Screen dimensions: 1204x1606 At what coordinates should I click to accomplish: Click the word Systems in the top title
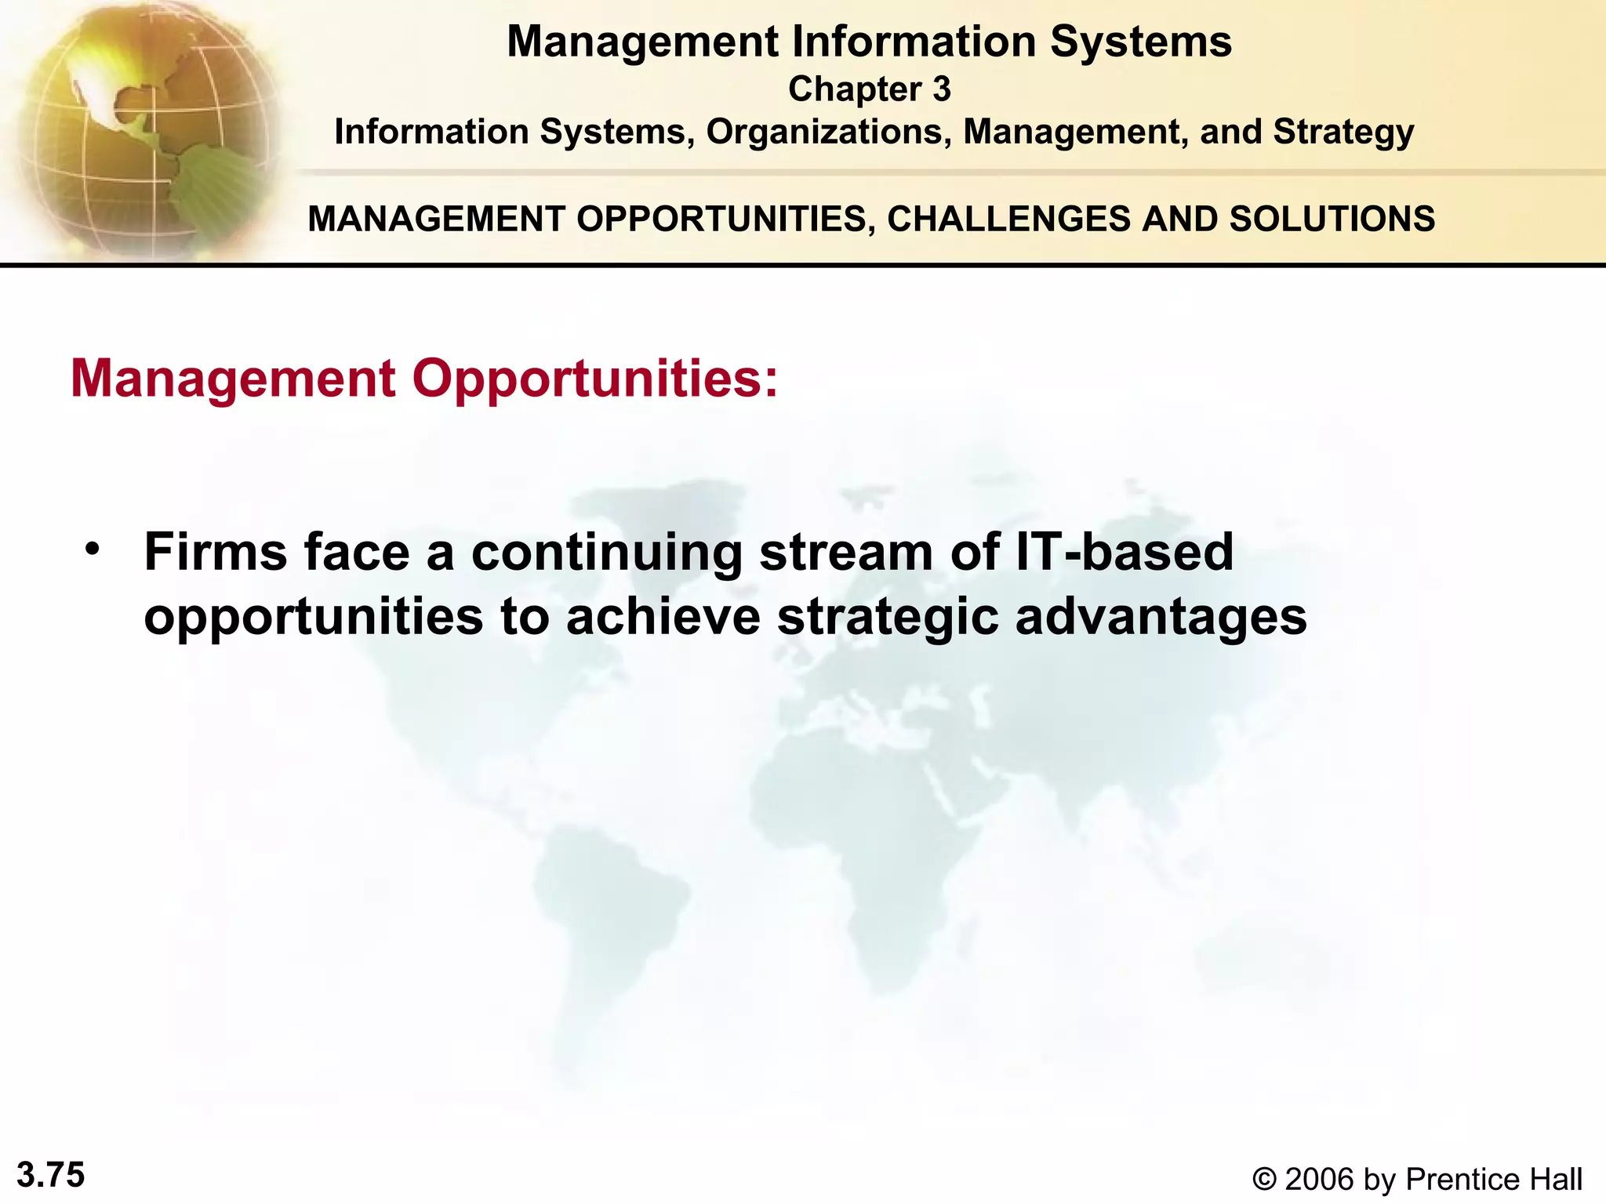pyautogui.click(x=1140, y=42)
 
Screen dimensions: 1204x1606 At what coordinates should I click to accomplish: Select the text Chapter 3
pyautogui.click(x=869, y=89)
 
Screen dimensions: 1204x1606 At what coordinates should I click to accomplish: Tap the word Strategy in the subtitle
pyautogui.click(x=1343, y=132)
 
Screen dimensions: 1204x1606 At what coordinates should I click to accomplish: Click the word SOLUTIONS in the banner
pyautogui.click(x=1332, y=219)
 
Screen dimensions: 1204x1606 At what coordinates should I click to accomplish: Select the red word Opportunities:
pyautogui.click(x=595, y=379)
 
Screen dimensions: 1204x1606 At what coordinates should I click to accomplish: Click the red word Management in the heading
pyautogui.click(x=233, y=379)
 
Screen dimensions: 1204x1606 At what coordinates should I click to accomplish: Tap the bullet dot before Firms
pyautogui.click(x=93, y=549)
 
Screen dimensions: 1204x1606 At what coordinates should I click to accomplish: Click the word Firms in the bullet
pyautogui.click(x=216, y=552)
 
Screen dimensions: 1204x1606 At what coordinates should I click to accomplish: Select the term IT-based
pyautogui.click(x=1124, y=552)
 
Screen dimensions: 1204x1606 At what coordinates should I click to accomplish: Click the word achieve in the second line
pyautogui.click(x=663, y=617)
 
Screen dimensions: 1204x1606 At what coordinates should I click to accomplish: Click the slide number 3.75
pyautogui.click(x=51, y=1175)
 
